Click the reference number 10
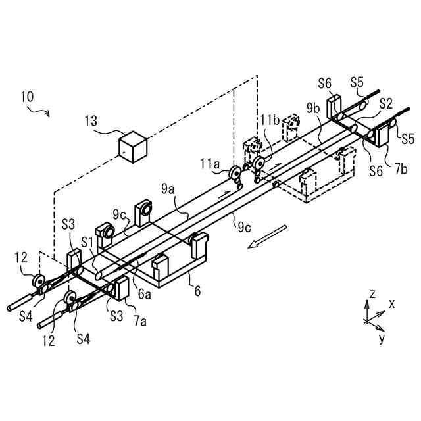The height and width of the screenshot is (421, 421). click(x=27, y=96)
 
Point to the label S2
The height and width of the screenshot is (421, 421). click(x=386, y=103)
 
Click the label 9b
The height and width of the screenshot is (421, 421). click(x=314, y=107)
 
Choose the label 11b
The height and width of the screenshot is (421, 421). click(x=270, y=120)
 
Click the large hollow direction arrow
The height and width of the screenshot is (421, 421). click(x=268, y=237)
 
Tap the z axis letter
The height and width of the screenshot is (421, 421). click(x=372, y=294)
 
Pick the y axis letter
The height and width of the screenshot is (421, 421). click(x=382, y=338)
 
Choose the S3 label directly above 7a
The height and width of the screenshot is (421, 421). click(x=116, y=316)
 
